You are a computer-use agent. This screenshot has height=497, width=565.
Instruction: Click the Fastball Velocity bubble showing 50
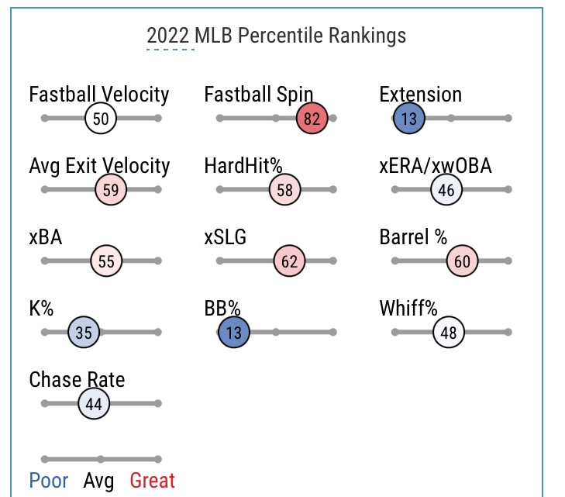click(101, 119)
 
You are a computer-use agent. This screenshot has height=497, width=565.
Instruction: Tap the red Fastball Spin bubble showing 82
click(312, 119)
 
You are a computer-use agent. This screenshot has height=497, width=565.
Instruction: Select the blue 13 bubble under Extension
click(408, 119)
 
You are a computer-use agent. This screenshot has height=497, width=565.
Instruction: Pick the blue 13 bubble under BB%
click(234, 333)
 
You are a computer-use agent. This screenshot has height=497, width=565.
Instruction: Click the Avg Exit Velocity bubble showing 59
click(110, 190)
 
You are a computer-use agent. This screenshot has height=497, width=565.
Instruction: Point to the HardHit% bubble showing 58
click(284, 190)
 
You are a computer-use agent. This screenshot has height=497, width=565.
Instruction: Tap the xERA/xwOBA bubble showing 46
click(446, 190)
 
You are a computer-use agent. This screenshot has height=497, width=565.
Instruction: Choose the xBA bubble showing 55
click(106, 261)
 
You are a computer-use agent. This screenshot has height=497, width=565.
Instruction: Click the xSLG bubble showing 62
click(289, 261)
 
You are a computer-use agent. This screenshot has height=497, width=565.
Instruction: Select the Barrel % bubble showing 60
click(462, 261)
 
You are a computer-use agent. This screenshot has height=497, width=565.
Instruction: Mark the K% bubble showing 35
click(84, 333)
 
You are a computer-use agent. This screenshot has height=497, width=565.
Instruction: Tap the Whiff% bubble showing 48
click(448, 333)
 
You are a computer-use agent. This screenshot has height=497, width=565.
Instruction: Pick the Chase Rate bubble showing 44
click(94, 404)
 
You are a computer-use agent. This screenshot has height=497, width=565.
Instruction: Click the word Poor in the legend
click(48, 481)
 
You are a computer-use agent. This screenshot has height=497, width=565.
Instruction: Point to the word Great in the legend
click(152, 481)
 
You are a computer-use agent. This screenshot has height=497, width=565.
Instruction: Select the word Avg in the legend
click(98, 481)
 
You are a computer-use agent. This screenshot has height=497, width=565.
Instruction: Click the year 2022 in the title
click(170, 36)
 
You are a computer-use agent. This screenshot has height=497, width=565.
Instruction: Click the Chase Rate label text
click(77, 380)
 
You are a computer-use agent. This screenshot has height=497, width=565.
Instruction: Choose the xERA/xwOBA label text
click(436, 166)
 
